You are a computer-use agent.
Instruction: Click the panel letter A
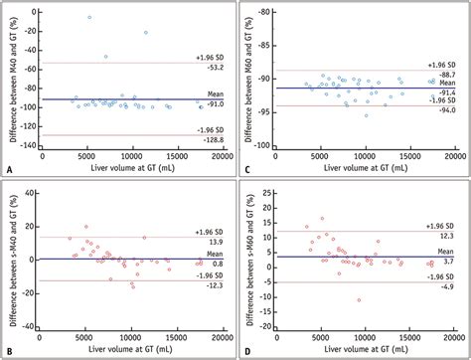coord(9,170)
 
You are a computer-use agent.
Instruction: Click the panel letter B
coord(9,351)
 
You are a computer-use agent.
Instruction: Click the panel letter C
coord(245,170)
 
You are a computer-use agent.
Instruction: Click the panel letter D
coord(245,351)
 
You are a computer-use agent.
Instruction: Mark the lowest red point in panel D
coord(359,299)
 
